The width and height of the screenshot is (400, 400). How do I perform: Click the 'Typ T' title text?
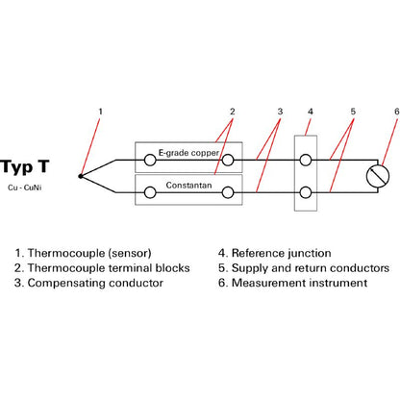pyautogui.click(x=25, y=167)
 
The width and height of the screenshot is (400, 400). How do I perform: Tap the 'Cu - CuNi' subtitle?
pyautogui.click(x=25, y=187)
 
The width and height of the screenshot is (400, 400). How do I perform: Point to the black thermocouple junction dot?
pyautogui.click(x=80, y=176)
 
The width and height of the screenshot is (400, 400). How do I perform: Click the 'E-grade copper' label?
pyautogui.click(x=188, y=153)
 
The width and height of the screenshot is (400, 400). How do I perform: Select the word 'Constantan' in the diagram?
pyautogui.click(x=188, y=186)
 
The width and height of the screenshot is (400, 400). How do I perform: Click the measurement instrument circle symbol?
pyautogui.click(x=378, y=176)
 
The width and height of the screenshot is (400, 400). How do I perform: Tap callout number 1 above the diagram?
pyautogui.click(x=100, y=112)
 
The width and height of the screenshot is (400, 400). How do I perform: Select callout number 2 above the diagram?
pyautogui.click(x=233, y=112)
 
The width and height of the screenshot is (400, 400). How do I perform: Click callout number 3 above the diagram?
pyautogui.click(x=280, y=112)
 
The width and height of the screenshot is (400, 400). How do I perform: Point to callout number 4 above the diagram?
pyautogui.click(x=311, y=112)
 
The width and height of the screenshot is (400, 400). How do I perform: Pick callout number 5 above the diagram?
pyautogui.click(x=353, y=112)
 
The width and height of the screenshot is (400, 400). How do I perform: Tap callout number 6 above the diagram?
pyautogui.click(x=397, y=112)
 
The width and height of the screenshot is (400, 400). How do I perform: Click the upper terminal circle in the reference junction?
pyautogui.click(x=306, y=160)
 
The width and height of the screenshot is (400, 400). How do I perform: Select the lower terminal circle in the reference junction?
pyautogui.click(x=306, y=192)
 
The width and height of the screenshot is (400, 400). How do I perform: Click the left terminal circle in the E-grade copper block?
pyautogui.click(x=150, y=160)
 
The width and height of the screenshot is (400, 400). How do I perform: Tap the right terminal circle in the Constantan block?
pyautogui.click(x=228, y=192)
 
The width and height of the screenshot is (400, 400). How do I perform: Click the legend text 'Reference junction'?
pyautogui.click(x=282, y=253)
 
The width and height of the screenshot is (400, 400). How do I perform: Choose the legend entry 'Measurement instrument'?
pyautogui.click(x=299, y=283)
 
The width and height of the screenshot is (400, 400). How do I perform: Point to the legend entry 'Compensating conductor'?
pyautogui.click(x=95, y=283)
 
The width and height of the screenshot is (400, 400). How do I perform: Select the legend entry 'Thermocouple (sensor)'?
pyautogui.click(x=89, y=253)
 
